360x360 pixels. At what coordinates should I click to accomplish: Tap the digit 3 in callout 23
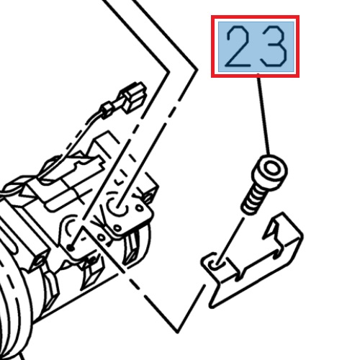click(x=274, y=46)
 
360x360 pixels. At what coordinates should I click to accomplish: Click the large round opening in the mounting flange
click(x=117, y=209)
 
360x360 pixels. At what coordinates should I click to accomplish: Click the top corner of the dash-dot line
click(x=195, y=71)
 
